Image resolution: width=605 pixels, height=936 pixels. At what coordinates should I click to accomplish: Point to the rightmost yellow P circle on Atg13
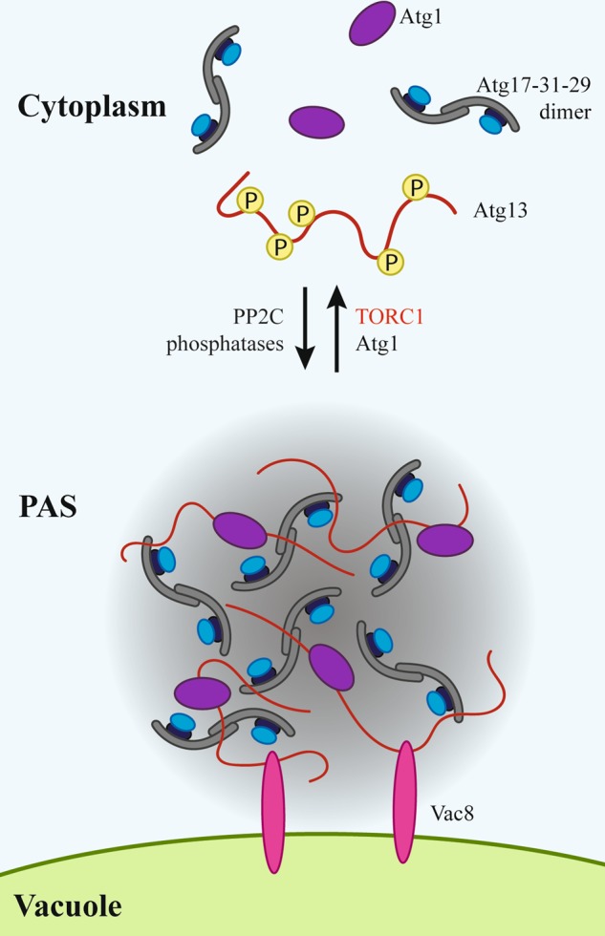[415, 187]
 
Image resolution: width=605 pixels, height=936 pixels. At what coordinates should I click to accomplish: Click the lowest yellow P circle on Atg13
[389, 259]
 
